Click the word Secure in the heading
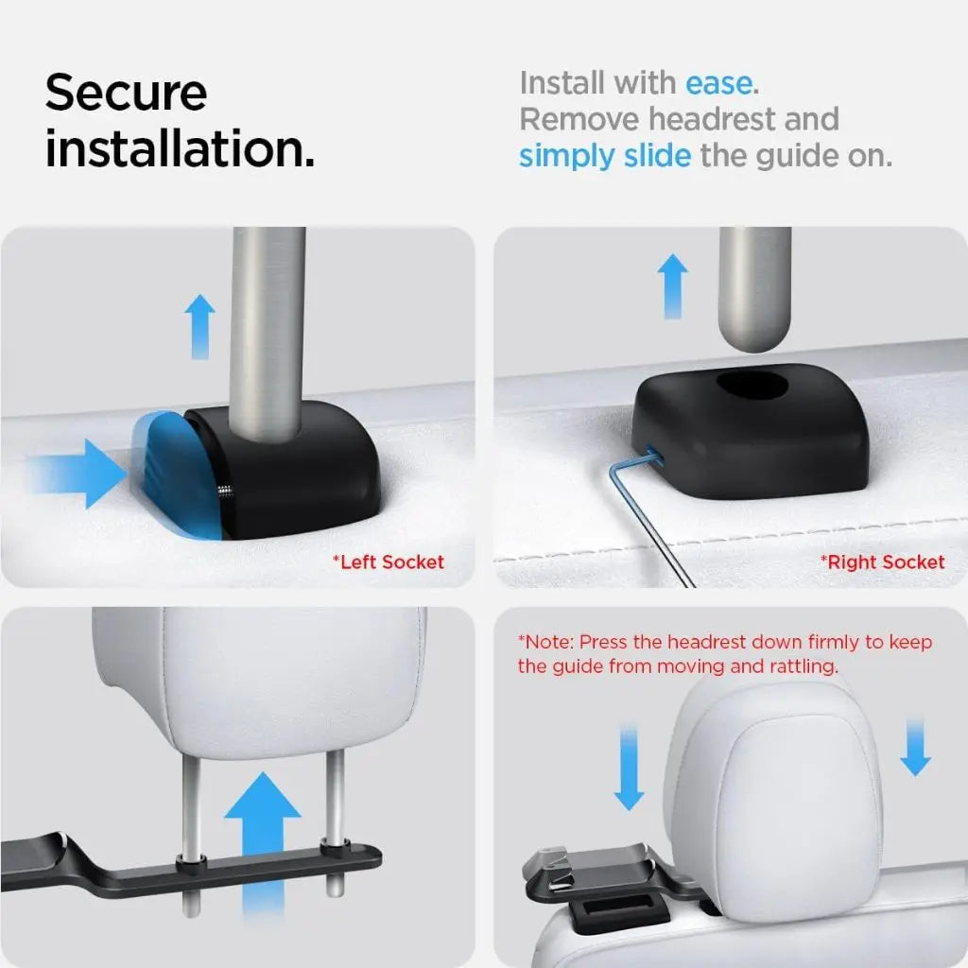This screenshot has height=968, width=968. (126, 93)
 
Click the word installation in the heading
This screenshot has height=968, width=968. (180, 149)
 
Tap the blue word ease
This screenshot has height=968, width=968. (719, 83)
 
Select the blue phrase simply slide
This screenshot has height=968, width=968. (605, 156)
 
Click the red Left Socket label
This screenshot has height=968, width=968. (388, 562)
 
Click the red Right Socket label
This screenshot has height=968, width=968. (882, 562)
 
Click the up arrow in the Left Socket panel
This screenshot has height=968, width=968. (199, 325)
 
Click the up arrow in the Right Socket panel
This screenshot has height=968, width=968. (672, 285)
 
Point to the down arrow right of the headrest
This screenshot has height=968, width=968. (915, 747)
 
